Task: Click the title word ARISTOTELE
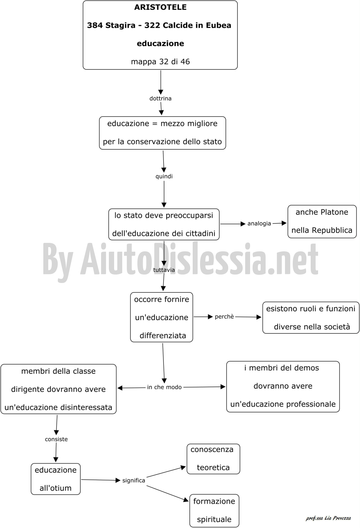pos(160,7)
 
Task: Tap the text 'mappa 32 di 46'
pos(160,62)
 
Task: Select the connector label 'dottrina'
pos(160,98)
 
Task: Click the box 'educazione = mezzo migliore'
pos(162,133)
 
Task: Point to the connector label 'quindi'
pos(164,176)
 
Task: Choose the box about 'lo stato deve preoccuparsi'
pos(164,224)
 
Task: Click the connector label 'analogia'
pos(259,224)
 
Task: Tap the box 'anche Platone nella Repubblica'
pos(322,221)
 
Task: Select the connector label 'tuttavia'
pos(164,270)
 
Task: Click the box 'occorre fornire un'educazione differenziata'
pos(162,317)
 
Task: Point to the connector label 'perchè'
pos(224,316)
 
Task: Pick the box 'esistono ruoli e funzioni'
pos(311,318)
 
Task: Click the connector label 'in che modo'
pos(165,387)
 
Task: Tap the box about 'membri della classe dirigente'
pos(58,389)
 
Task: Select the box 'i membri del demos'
pos(283,386)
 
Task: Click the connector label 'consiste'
pos(56,439)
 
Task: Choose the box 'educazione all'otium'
pos(56,479)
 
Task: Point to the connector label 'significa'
pos(134,480)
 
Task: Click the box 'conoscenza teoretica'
pos(213,459)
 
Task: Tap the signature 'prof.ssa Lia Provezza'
pos(328,518)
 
